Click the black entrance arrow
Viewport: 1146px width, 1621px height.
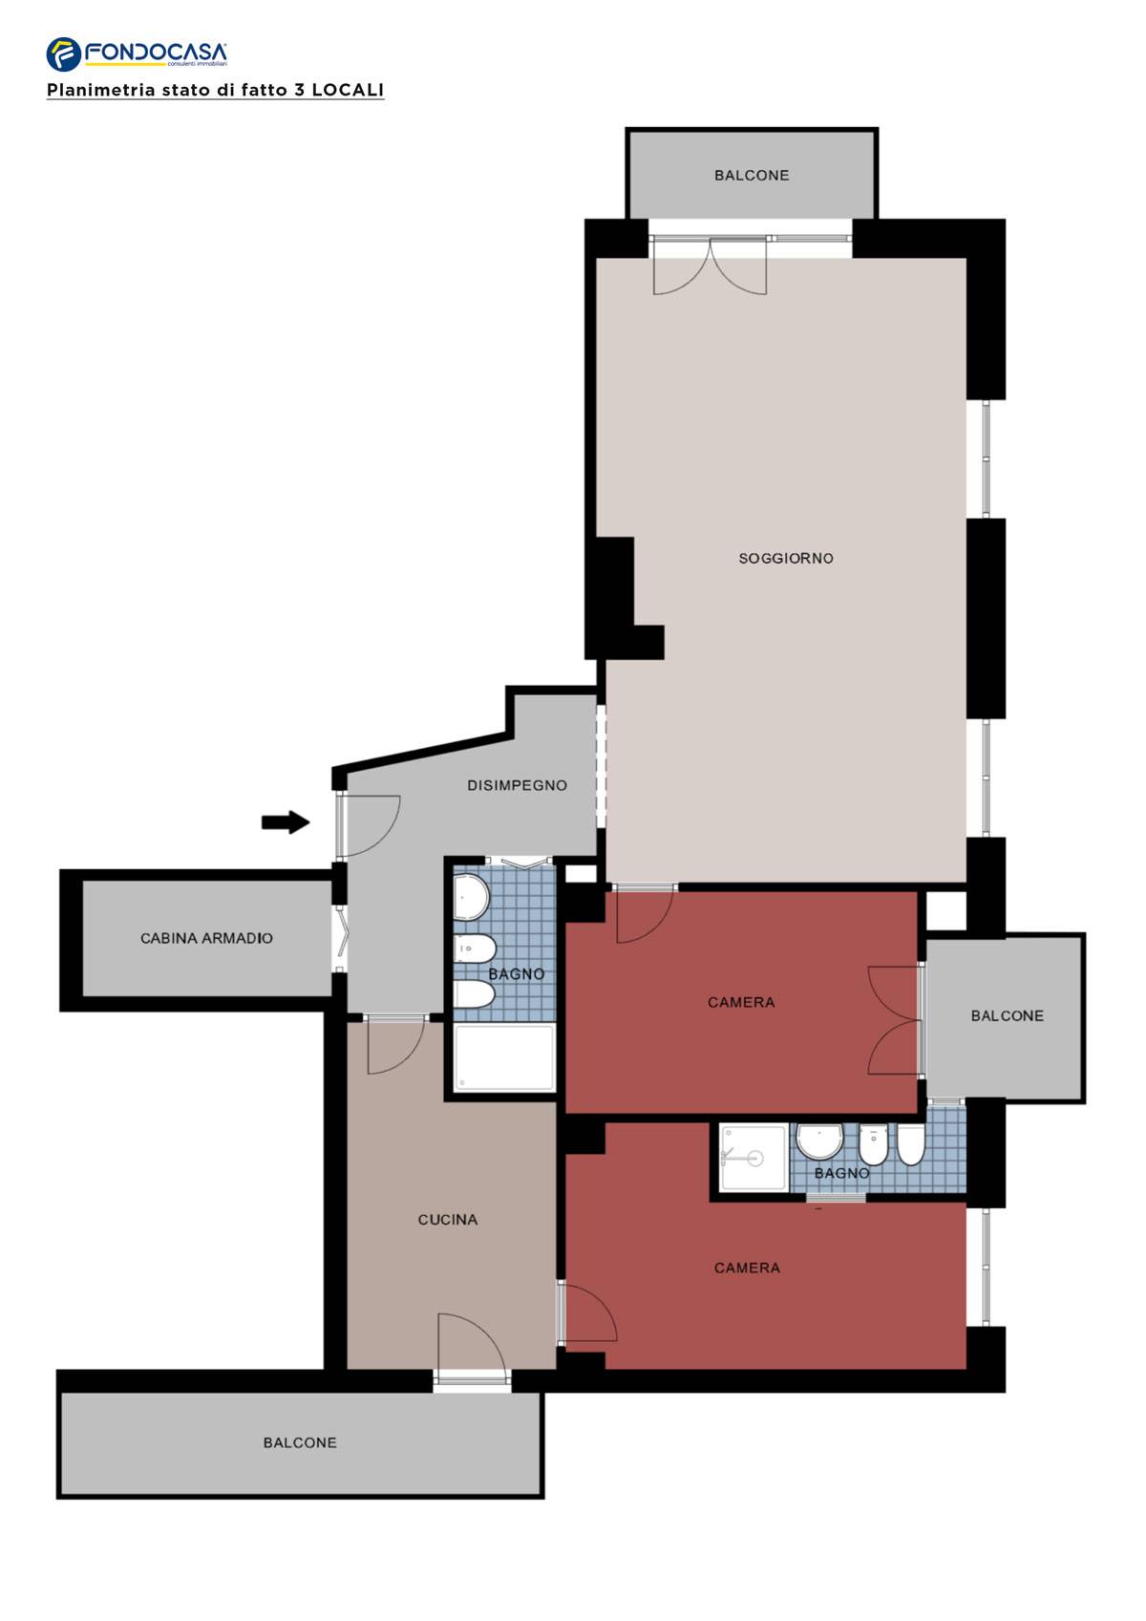point(286,822)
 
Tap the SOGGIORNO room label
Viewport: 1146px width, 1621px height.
point(786,559)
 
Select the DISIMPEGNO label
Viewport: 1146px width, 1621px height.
point(517,786)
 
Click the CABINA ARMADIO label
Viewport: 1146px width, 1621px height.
point(206,939)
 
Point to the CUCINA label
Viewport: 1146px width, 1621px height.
point(448,1220)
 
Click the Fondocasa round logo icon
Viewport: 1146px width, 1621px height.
point(64,54)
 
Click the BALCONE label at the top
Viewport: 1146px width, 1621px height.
point(752,175)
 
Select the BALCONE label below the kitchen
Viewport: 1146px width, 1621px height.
point(300,1443)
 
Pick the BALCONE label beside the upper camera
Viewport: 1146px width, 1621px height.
point(1008,1016)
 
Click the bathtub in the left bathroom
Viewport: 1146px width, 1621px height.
point(504,1058)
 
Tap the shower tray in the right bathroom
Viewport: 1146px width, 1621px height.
point(753,1158)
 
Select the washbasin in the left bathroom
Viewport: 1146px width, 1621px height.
point(470,897)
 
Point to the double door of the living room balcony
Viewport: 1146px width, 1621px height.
point(710,267)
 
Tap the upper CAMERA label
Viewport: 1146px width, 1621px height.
point(741,1002)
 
